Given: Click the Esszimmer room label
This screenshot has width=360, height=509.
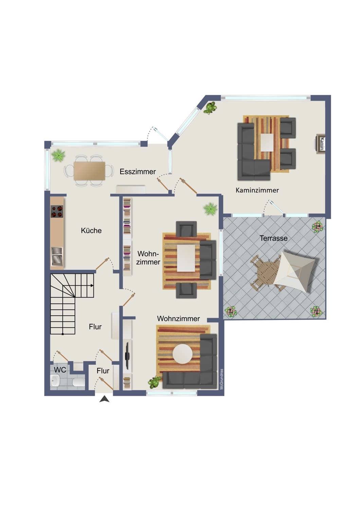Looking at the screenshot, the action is [x=138, y=172].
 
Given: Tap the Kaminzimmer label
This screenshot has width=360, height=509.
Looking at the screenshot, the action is [x=257, y=190].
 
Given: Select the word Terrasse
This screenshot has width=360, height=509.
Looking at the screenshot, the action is [x=274, y=238].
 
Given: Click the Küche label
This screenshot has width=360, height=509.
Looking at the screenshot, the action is [x=91, y=230].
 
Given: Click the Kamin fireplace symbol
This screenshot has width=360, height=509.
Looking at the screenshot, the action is [x=320, y=144].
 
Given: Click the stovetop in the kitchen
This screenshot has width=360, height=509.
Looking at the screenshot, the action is [x=57, y=211].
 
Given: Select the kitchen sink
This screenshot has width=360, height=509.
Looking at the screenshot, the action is [x=57, y=257].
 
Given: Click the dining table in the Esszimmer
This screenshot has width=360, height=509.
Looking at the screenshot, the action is [x=89, y=171].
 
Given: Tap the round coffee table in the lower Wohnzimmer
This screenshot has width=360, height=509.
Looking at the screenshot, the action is [x=182, y=354].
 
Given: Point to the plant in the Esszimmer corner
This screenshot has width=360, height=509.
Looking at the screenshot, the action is [x=58, y=155].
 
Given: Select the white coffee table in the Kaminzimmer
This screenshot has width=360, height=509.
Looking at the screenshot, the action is [x=267, y=143].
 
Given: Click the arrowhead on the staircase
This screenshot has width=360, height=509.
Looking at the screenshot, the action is [x=92, y=286].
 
